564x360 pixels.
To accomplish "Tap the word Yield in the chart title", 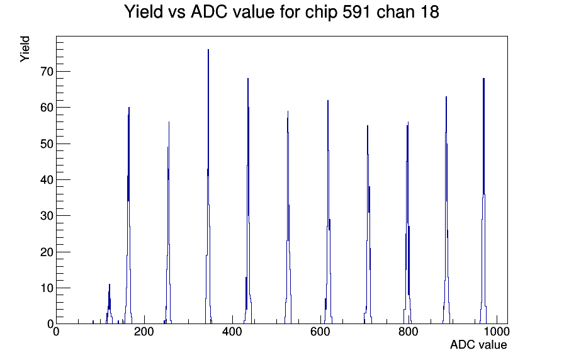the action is (x=144, y=12).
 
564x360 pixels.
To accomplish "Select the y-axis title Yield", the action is (x=25, y=49).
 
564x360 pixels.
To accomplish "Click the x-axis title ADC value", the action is (x=478, y=344).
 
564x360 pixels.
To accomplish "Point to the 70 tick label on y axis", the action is (x=47, y=72).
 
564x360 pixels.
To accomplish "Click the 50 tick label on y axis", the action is (x=47, y=144).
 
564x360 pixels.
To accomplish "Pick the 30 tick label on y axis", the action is (x=47, y=216).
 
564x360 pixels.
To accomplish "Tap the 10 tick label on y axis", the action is (x=47, y=288).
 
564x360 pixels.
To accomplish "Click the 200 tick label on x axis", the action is (x=144, y=331).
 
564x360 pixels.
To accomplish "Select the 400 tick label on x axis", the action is (x=232, y=331).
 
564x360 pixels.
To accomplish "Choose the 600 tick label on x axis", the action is (x=320, y=331).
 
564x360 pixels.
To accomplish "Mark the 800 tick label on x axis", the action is (x=409, y=331).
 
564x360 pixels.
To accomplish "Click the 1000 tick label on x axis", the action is (x=497, y=331).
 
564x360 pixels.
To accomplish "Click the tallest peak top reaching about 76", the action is (x=208, y=50).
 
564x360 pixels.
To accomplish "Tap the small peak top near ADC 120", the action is (x=110, y=284).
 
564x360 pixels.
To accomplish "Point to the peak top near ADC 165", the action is (x=129, y=107).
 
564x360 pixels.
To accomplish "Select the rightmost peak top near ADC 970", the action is (x=484, y=79).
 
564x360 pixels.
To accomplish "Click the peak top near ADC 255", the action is (x=169, y=122).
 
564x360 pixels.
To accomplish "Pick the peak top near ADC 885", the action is (x=446, y=96).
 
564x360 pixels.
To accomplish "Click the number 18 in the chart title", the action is (x=429, y=12).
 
